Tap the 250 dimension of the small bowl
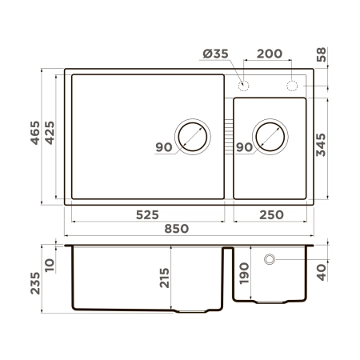[269, 214]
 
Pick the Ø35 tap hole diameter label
[217, 54]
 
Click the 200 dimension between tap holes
[269, 54]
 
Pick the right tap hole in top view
[294, 85]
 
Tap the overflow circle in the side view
[270, 259]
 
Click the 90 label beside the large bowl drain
[164, 147]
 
